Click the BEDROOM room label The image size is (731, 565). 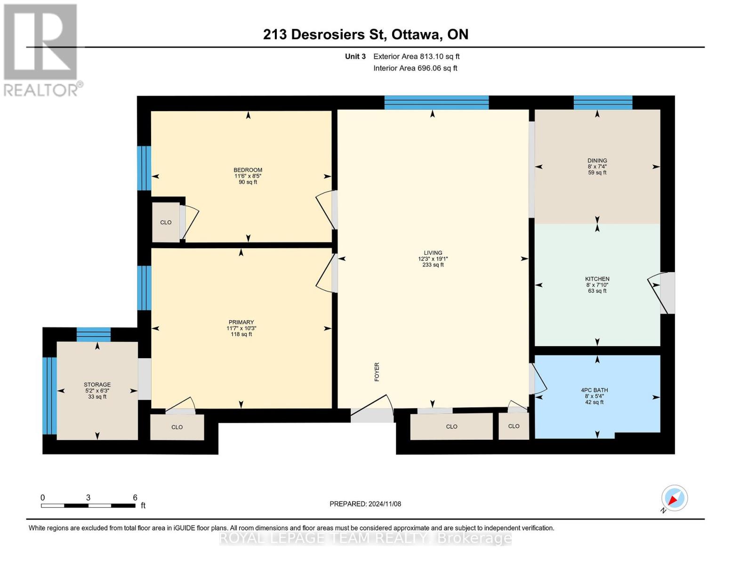tap(248, 170)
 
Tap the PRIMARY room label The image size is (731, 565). tap(241, 323)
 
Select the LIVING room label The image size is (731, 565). tap(433, 253)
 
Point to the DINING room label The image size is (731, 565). tap(597, 161)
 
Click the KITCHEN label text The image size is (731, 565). tap(597, 279)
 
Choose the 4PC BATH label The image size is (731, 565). tap(594, 390)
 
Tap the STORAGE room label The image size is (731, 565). tap(97, 385)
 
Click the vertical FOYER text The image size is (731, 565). tap(377, 371)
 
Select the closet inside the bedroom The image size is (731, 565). tap(166, 222)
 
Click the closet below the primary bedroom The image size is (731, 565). tap(177, 427)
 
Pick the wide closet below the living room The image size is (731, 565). tap(451, 427)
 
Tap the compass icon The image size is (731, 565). tap(674, 498)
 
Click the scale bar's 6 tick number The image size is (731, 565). tap(135, 498)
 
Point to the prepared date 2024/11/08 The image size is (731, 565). tap(365, 504)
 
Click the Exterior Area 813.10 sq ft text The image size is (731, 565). tap(416, 56)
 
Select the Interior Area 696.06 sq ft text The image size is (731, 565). tap(415, 68)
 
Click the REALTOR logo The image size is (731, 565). tap(41, 49)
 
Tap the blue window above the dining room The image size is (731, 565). tap(602, 102)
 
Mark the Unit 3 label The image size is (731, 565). tap(355, 56)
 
